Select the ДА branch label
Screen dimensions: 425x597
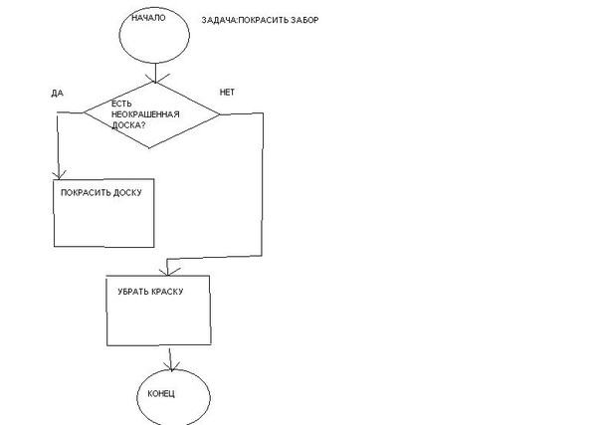tap(56, 93)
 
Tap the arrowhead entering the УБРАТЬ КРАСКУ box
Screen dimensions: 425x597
tap(167, 271)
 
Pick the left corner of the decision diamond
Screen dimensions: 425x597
tap(82, 112)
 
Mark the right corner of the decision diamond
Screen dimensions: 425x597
tap(221, 113)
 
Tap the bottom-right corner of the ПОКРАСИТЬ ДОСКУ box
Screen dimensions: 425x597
tap(153, 245)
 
